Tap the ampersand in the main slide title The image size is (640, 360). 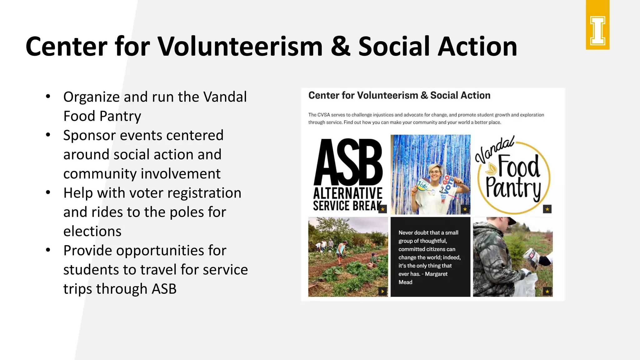pyautogui.click(x=340, y=47)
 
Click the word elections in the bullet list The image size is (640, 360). pyautogui.click(x=92, y=232)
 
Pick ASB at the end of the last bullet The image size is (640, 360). pyautogui.click(x=164, y=289)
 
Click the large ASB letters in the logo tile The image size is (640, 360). pyautogui.click(x=348, y=162)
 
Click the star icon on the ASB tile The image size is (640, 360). pyautogui.click(x=382, y=209)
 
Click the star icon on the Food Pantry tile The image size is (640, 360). pyautogui.click(x=547, y=209)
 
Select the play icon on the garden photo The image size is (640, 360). pyautogui.click(x=382, y=291)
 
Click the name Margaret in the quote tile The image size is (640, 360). pyautogui.click(x=436, y=274)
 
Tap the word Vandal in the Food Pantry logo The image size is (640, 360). pyautogui.click(x=494, y=149)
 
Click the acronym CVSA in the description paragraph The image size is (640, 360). pyautogui.click(x=324, y=115)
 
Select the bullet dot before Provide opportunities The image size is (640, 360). pyautogui.click(x=48, y=250)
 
